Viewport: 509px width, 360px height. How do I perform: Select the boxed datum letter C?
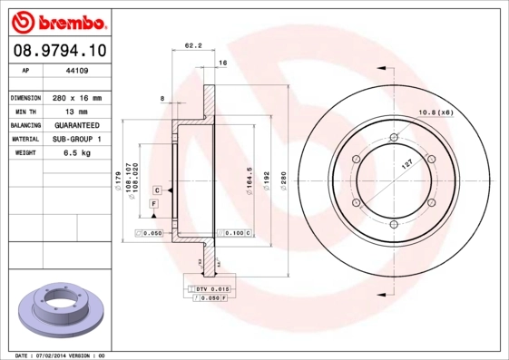(x=157, y=190)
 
